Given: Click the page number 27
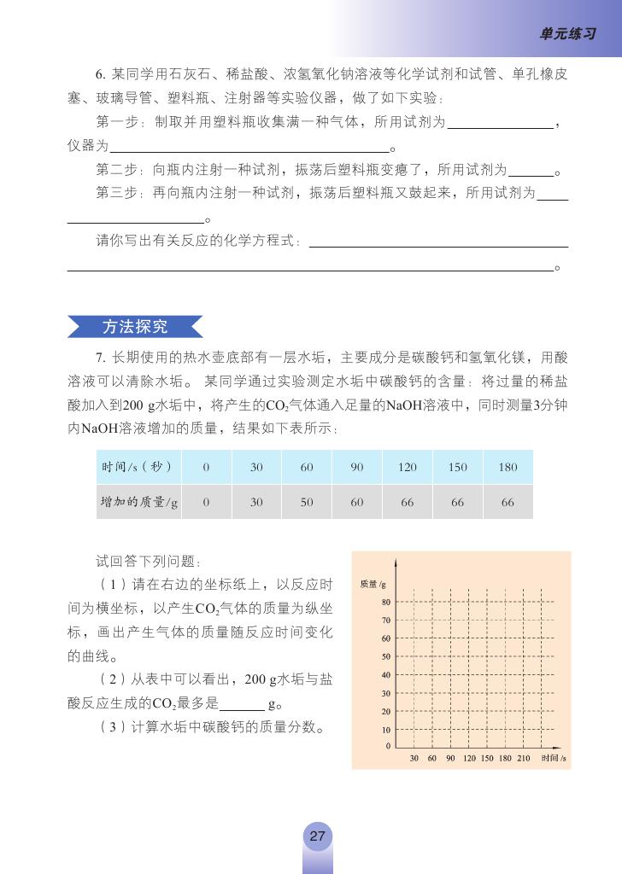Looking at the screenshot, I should [317, 836].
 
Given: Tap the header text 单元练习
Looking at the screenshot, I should [567, 34].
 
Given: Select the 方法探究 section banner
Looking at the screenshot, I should [135, 327].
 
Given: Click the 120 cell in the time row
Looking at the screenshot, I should [408, 467].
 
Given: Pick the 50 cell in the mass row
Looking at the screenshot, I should [307, 503].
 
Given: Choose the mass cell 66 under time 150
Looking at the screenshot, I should [457, 503].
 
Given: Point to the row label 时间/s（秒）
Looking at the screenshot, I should [137, 467].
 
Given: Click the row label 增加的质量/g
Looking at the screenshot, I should [138, 503].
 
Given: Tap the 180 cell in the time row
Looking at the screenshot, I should [508, 467].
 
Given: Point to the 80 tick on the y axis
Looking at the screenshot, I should [386, 603].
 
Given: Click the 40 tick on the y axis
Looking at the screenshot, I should [386, 674].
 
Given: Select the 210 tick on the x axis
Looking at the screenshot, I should [524, 758].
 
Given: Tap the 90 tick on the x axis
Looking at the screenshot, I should [450, 758].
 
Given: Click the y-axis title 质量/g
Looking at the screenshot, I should [373, 584].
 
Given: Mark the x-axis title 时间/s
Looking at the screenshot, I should [554, 758].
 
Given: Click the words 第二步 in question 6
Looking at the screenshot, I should [114, 169].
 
